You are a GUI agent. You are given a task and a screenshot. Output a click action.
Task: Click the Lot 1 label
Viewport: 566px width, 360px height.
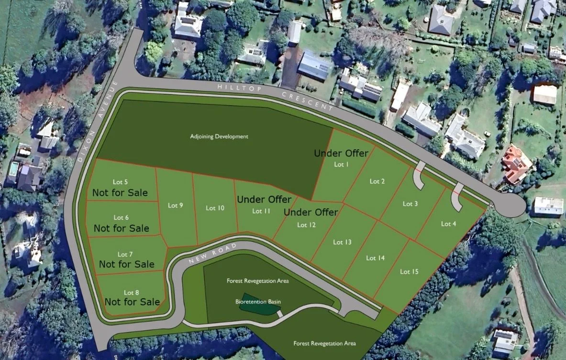(341, 164)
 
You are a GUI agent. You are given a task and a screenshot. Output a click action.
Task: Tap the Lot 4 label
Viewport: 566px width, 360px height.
(448, 224)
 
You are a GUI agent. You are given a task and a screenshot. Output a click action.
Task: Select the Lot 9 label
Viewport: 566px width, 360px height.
(175, 205)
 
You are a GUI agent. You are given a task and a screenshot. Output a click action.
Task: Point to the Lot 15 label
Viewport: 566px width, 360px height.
(409, 271)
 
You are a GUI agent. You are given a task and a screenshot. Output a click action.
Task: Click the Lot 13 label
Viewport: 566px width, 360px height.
(342, 242)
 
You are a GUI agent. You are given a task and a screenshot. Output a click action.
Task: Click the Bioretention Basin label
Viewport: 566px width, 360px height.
(258, 302)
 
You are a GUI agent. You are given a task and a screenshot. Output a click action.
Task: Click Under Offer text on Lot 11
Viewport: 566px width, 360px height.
(264, 199)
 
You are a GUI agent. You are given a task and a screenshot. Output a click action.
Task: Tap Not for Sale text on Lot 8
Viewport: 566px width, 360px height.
(132, 302)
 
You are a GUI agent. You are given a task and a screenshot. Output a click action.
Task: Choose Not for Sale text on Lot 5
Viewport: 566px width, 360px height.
(120, 193)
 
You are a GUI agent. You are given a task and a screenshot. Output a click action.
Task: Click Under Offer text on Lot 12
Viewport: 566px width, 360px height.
(311, 212)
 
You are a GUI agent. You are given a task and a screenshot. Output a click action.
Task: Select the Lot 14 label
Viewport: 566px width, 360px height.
(375, 258)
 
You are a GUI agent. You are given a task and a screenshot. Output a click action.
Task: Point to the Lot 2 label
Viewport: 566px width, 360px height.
(377, 181)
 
